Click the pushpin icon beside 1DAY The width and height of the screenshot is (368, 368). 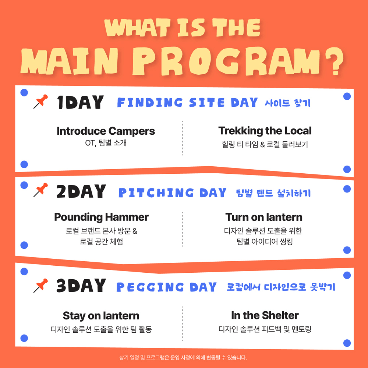(x=41, y=102)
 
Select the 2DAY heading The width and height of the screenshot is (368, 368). (x=81, y=192)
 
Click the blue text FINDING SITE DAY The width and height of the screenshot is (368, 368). (x=187, y=103)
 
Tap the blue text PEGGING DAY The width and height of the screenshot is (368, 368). (x=166, y=287)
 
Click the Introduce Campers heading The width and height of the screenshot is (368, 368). (x=106, y=131)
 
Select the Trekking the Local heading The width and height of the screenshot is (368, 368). (x=265, y=131)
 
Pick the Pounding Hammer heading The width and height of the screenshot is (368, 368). (x=101, y=217)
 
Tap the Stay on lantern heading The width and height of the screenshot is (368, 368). (x=101, y=315)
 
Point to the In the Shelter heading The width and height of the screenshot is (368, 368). (x=265, y=315)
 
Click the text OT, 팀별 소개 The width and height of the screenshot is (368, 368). (x=106, y=143)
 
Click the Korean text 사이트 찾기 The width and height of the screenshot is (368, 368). (x=287, y=103)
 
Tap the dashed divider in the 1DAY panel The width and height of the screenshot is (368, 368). (x=183, y=138)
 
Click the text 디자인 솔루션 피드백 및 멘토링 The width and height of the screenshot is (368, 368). (x=265, y=329)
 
